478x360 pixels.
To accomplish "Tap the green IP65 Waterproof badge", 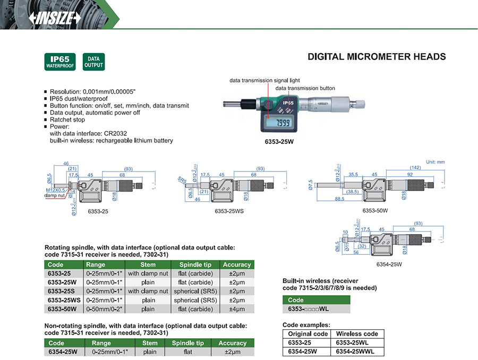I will point(60,62).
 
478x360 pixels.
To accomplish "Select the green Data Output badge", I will point(93,62).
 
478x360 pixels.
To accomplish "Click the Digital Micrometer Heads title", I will point(377,57).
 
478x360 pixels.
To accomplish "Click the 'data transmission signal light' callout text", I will point(264,81).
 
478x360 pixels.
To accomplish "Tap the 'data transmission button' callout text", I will point(305,88).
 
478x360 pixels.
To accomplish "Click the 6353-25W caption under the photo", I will point(279,142).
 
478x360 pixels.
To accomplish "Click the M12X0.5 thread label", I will point(55,190).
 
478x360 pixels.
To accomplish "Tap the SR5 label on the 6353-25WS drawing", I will point(182,180).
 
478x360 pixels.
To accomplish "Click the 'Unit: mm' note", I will point(435,161).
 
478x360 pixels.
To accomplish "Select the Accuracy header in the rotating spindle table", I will point(237,264).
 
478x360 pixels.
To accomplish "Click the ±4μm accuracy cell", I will point(237,308).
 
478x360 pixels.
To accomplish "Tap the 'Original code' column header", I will point(308,333).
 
